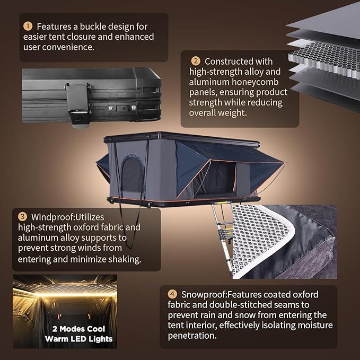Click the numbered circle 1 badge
[28, 26]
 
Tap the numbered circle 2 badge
[196, 61]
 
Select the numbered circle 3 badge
[22, 216]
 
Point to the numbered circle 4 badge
[172, 294]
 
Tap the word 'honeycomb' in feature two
[255, 82]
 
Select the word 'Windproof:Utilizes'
[67, 217]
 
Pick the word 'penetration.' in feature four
[192, 336]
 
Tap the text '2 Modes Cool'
[78, 329]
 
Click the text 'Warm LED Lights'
[79, 339]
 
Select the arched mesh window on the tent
[133, 174]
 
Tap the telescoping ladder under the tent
[222, 236]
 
